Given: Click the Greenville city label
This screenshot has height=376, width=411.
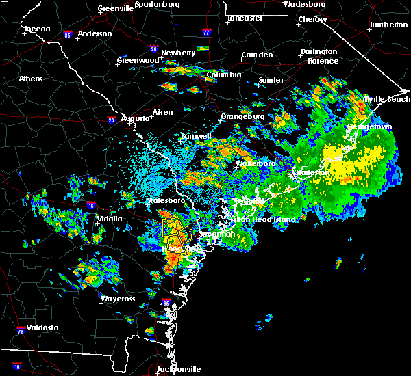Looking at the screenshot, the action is click(114, 9).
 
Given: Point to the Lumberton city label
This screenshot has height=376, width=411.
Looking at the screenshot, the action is click(388, 25).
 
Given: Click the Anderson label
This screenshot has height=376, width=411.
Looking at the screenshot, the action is click(95, 33).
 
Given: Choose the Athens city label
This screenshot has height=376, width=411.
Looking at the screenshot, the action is click(30, 79).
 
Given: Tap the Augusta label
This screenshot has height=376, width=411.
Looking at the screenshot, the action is click(135, 118).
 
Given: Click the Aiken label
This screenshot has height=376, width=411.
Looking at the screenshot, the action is click(162, 112).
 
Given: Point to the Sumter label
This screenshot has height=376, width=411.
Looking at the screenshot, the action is click(271, 80).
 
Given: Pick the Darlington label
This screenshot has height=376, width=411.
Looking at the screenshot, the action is click(319, 52).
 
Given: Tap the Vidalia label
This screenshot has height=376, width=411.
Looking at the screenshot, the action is click(109, 219).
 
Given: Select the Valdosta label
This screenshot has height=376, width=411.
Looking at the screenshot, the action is click(42, 327).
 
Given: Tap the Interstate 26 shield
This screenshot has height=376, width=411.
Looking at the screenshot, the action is click(154, 49).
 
